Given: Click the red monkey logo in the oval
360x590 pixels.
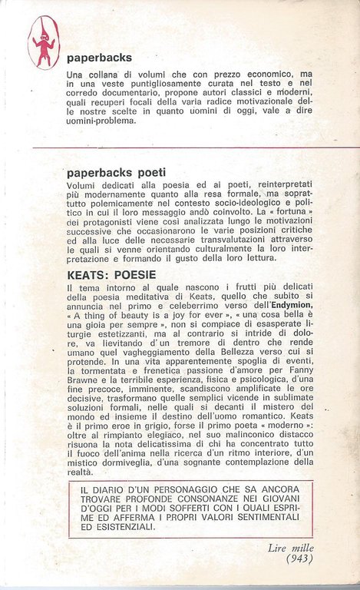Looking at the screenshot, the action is point(44,43).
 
